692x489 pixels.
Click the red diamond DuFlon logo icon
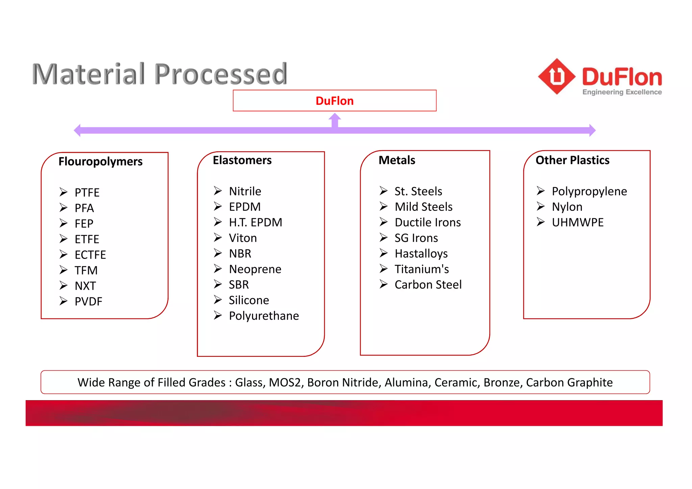[557, 76]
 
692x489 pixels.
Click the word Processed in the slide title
[221, 74]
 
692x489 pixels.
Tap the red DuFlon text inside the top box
[335, 101]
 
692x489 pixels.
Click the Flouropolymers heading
[100, 162]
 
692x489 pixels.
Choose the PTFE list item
[87, 192]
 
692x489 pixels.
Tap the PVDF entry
[88, 301]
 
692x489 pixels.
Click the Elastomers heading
[242, 160]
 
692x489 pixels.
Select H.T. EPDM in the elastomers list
[255, 222]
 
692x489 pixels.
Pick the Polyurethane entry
[264, 316]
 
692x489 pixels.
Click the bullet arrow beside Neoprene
[218, 269]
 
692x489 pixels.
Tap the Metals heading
[397, 160]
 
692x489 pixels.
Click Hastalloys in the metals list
[421, 253]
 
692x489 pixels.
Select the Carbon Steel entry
[428, 285]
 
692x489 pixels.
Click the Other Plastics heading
[572, 160]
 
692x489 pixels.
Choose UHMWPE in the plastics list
[577, 222]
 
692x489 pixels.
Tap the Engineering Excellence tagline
[622, 92]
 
